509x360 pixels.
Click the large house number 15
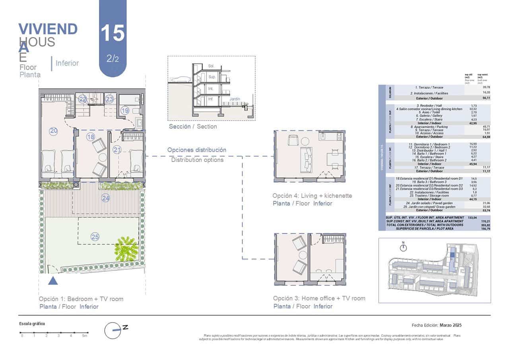[113, 33]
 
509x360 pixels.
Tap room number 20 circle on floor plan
[53, 131]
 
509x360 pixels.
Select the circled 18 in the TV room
[91, 137]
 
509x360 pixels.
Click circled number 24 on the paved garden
[105, 198]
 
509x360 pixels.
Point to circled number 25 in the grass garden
[95, 237]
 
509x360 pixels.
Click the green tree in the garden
[126, 249]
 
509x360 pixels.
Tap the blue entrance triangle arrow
[53, 281]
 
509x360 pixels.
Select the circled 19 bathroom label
[125, 111]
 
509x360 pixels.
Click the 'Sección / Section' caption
[193, 126]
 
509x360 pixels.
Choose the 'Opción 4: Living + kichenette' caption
[312, 196]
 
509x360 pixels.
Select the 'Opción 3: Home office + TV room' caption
[319, 298]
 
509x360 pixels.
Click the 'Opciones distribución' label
[197, 150]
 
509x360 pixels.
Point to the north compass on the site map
[404, 247]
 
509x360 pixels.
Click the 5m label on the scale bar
[84, 336]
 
